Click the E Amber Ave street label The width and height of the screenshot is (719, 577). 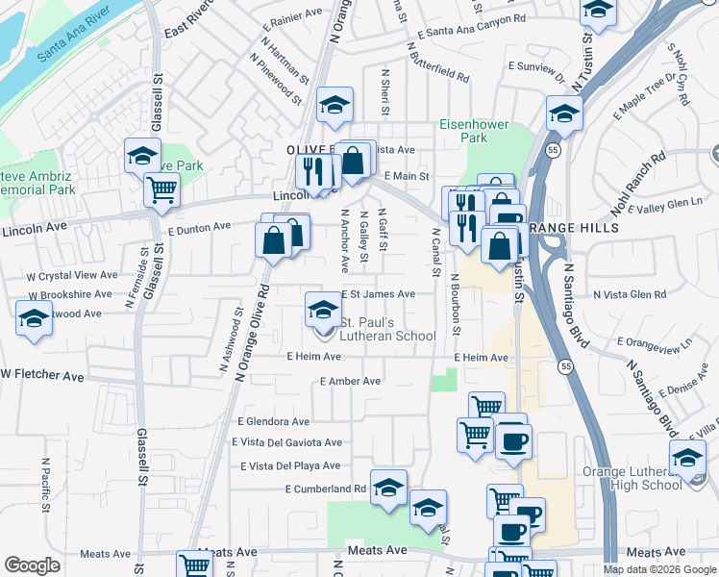(x=350, y=382)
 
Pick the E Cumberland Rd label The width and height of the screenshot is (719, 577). (x=326, y=489)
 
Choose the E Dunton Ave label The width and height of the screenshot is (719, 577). (x=199, y=228)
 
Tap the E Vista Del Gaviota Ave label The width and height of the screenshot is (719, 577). (x=286, y=442)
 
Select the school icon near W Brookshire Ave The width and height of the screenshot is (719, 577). (x=34, y=316)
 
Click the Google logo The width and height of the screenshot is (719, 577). (x=32, y=565)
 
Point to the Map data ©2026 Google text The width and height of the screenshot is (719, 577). (x=658, y=568)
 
